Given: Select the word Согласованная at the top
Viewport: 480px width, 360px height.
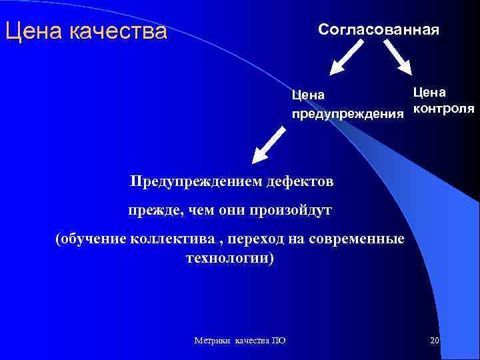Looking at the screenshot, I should click(378, 30).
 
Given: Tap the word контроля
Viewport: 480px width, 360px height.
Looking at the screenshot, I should click(443, 108).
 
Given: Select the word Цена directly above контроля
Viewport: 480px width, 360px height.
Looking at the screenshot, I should click(430, 91).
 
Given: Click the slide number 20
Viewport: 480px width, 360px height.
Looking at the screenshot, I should click(434, 341).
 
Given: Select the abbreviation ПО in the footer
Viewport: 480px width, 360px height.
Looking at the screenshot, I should click(279, 341).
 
